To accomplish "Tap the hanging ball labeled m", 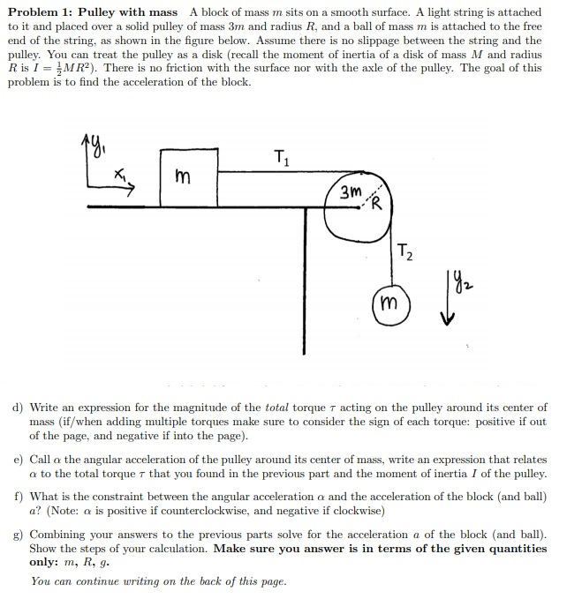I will (387, 303).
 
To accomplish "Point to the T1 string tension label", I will (280, 159).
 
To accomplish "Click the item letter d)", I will (17, 408).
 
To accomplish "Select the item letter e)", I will (17, 460).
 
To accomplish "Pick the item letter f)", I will (17, 497).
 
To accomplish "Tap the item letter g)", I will (17, 535).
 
